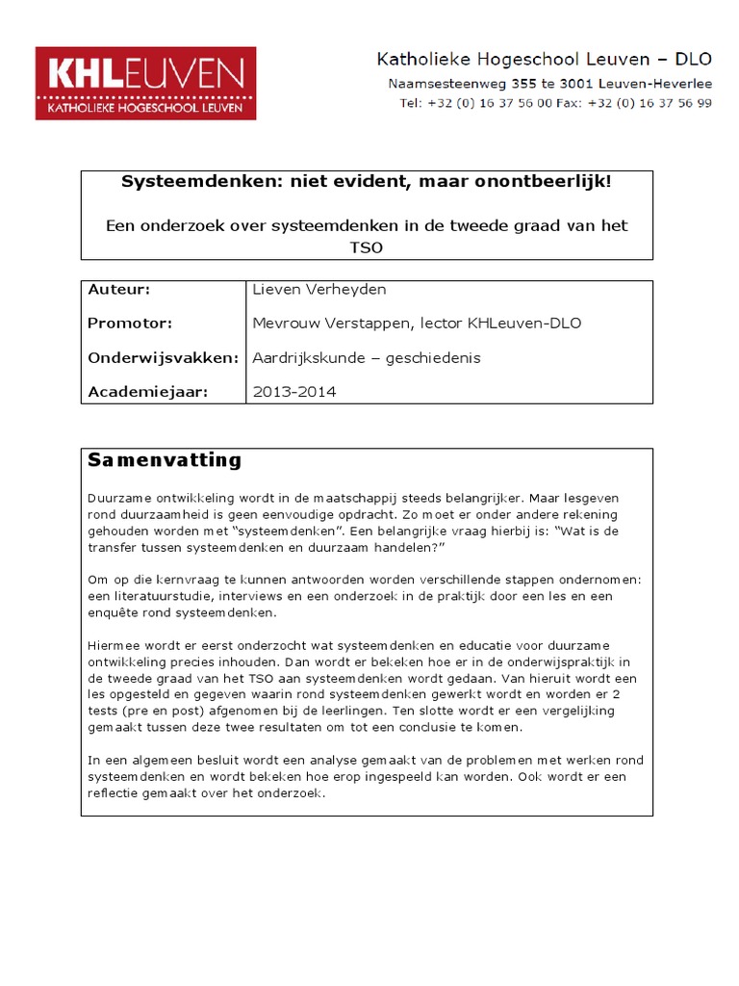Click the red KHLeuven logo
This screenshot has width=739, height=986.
click(x=145, y=85)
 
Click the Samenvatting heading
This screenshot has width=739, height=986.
click(x=165, y=460)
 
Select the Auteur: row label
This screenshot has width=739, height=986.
click(x=119, y=289)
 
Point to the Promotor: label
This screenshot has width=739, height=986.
click(x=130, y=324)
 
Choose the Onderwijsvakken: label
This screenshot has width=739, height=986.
click(x=163, y=357)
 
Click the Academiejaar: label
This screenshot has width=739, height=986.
click(x=147, y=392)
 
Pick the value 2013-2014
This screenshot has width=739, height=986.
click(x=293, y=392)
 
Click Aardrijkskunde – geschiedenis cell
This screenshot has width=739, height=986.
click(x=366, y=357)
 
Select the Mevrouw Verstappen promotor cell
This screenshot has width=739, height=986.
click(x=416, y=324)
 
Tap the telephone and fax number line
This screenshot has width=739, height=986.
click(x=556, y=103)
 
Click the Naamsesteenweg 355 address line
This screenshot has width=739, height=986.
click(x=549, y=84)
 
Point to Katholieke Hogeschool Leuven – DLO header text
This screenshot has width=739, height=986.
click(x=544, y=60)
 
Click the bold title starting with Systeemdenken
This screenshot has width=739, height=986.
click(x=366, y=182)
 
